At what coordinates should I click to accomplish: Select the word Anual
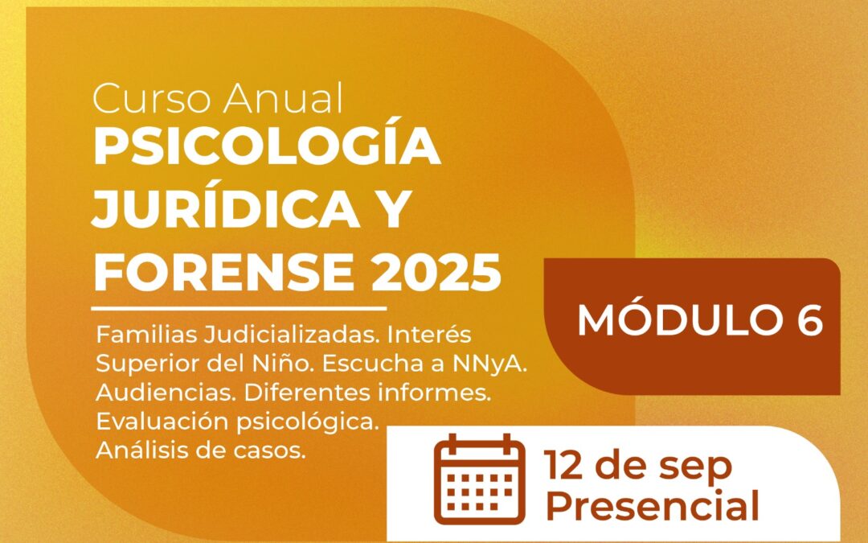click(284, 98)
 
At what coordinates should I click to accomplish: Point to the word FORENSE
click(223, 272)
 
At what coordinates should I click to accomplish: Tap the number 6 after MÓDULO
click(810, 320)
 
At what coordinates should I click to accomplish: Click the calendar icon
click(479, 479)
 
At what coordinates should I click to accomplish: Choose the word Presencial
click(652, 506)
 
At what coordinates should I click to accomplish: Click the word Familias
click(147, 335)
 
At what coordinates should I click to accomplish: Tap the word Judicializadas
click(292, 335)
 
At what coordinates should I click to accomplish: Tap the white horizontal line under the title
click(239, 308)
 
